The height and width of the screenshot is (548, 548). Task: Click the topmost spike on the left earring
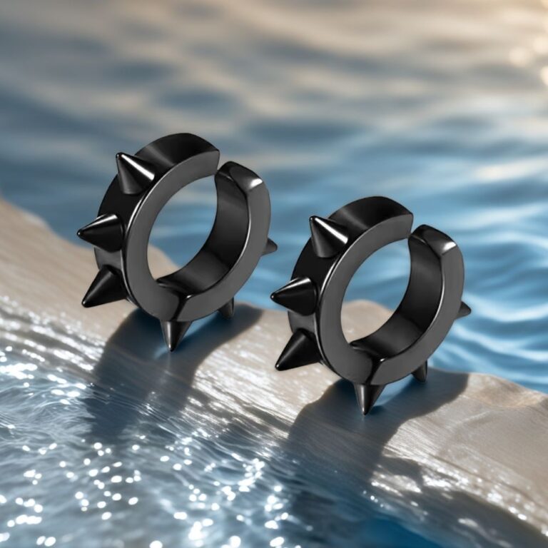point(133,172)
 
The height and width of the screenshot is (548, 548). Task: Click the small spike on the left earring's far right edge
point(270,247)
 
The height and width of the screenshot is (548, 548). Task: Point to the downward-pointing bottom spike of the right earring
point(367,395)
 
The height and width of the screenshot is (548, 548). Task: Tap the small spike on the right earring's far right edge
point(464,310)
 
